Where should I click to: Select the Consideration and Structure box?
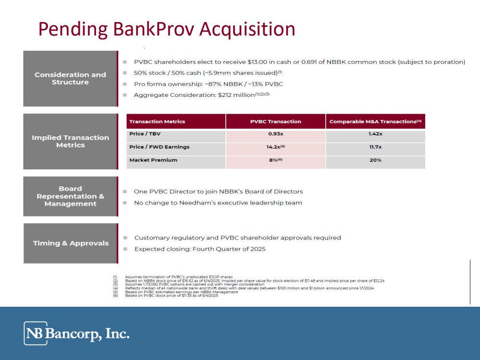(71, 79)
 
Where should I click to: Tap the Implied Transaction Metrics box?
(71, 141)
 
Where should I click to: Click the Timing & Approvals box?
(71, 243)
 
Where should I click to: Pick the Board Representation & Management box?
(71, 196)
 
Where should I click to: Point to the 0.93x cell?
(275, 133)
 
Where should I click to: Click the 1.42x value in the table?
(375, 133)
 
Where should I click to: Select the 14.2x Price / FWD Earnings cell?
(275, 147)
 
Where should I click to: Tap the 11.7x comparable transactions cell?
(375, 147)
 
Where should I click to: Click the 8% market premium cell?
(275, 160)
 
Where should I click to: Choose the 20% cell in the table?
(375, 160)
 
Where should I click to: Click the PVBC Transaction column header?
(275, 121)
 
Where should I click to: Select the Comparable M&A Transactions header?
(375, 121)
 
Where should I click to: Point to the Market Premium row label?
(153, 160)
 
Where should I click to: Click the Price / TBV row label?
(145, 133)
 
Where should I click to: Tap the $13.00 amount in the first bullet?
(257, 62)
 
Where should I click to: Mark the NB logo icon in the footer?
(36, 333)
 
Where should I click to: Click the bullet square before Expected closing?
(125, 249)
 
